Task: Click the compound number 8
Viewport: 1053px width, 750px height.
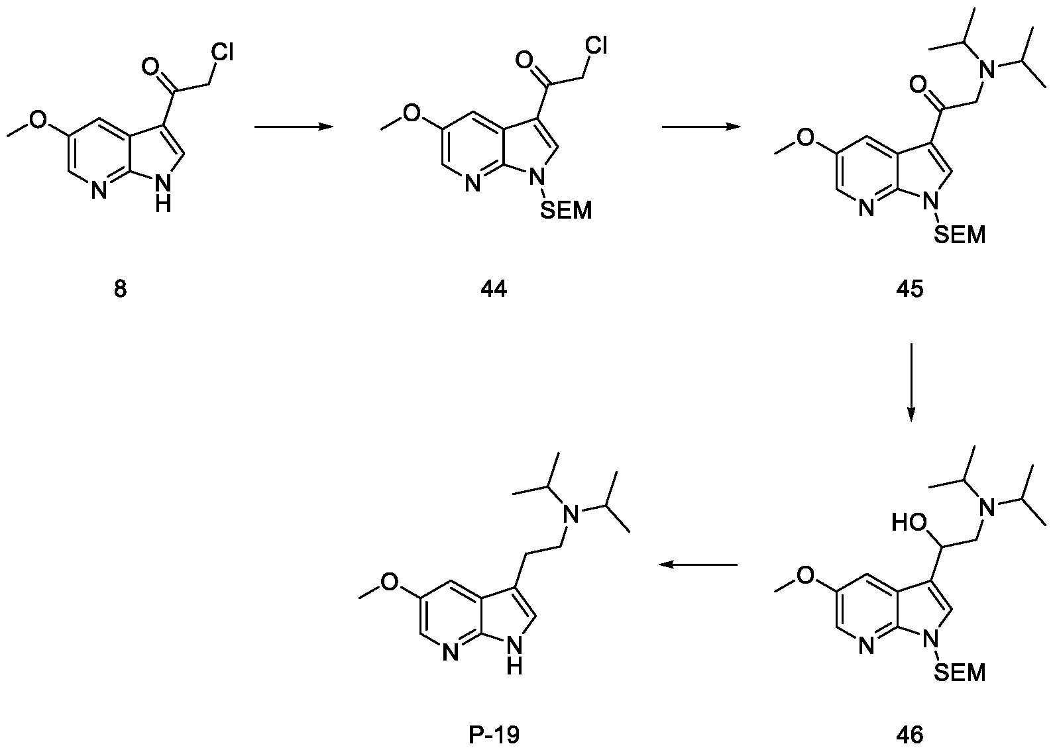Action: pyautogui.click(x=120, y=290)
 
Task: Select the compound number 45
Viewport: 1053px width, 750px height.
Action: pyautogui.click(x=909, y=290)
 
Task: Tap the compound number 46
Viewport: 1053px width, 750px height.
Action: pyautogui.click(x=909, y=734)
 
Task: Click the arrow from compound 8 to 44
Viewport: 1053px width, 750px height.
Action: pyautogui.click(x=293, y=127)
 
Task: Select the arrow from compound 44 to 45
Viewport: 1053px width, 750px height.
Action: pyautogui.click(x=702, y=127)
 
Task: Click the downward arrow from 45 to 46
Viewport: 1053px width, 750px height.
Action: pyautogui.click(x=911, y=382)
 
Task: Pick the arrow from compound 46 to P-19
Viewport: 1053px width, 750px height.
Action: pyautogui.click(x=698, y=564)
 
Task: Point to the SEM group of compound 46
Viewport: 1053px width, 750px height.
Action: pyautogui.click(x=959, y=673)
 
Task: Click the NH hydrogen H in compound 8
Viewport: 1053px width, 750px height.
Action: pyautogui.click(x=163, y=205)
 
